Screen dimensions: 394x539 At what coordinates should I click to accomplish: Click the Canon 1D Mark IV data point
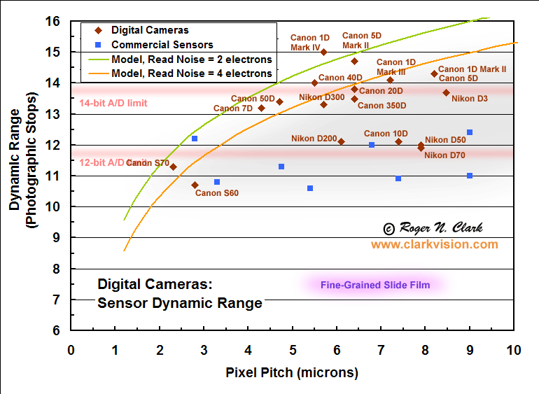coord(323,52)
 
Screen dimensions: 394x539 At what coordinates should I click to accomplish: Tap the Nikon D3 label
coord(469,99)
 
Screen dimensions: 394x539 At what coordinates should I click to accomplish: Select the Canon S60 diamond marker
coord(195,185)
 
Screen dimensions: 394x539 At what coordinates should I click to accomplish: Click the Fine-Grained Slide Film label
coord(374,285)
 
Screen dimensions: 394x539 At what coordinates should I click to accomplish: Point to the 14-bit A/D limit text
coord(113,103)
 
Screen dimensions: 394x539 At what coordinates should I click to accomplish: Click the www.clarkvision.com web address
coord(434,244)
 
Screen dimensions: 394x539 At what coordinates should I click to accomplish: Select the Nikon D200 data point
coord(341,141)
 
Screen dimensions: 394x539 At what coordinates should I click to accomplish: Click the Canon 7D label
coord(232,108)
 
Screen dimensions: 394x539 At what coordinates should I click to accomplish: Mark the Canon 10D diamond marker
coord(398,141)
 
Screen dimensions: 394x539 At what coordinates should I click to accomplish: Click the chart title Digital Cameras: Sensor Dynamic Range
coord(179,294)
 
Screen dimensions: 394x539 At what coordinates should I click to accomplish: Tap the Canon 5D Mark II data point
coord(354,61)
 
